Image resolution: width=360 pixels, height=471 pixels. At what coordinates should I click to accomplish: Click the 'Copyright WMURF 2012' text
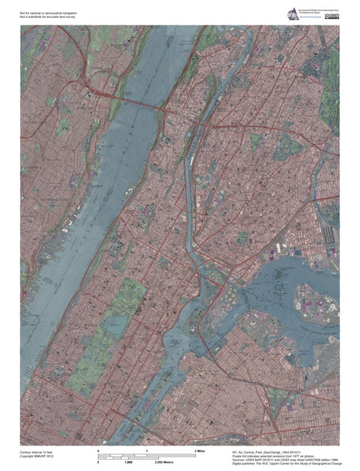pyautogui.click(x=37, y=457)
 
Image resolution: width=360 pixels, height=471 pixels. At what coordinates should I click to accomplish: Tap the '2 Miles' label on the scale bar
pyautogui.click(x=199, y=450)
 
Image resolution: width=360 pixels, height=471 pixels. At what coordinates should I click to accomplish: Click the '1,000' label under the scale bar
pyautogui.click(x=148, y=463)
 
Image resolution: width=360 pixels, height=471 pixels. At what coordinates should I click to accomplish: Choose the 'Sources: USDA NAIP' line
pyautogui.click(x=281, y=460)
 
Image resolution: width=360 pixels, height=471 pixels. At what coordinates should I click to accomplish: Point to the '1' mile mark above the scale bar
pyautogui.click(x=148, y=450)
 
